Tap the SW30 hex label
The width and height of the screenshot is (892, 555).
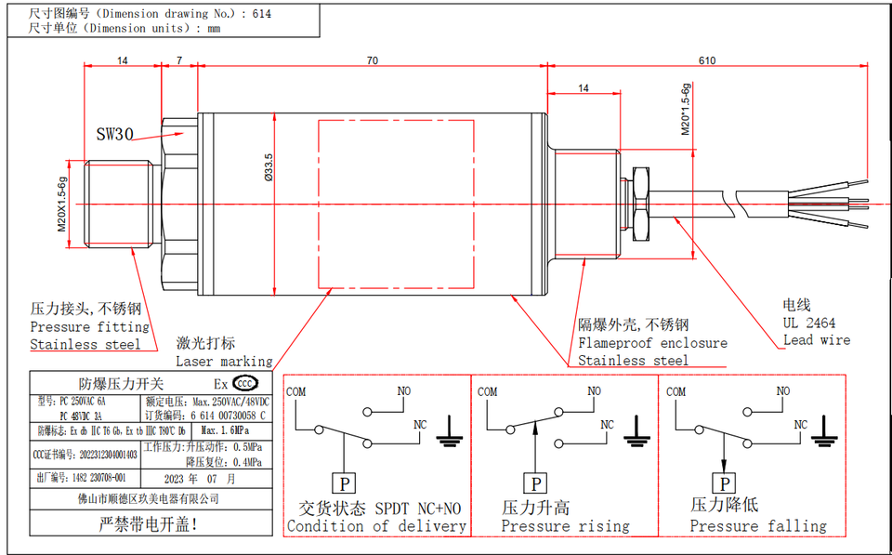click(115, 134)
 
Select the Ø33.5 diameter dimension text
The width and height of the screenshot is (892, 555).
click(269, 167)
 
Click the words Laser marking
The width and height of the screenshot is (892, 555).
click(224, 361)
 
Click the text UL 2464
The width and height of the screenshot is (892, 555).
click(808, 323)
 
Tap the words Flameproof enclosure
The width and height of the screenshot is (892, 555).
click(652, 343)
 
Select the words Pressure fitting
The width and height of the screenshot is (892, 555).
click(89, 327)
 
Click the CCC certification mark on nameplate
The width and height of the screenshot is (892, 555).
click(245, 383)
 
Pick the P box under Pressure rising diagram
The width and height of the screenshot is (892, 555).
click(535, 483)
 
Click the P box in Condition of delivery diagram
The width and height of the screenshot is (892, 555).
click(344, 483)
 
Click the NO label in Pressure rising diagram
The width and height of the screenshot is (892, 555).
click(593, 391)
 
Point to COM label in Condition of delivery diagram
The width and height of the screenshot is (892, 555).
click(295, 391)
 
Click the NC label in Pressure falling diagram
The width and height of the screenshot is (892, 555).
click(800, 424)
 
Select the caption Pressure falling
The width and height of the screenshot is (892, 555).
click(757, 526)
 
